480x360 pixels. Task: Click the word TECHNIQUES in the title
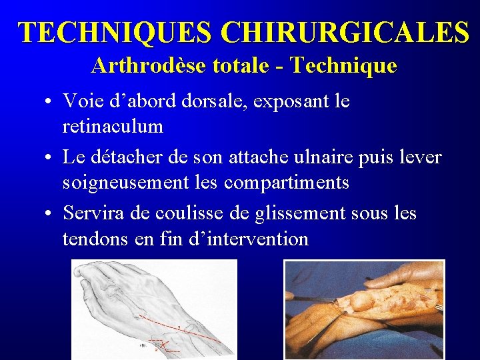(x=115, y=33)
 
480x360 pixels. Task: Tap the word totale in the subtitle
(x=243, y=66)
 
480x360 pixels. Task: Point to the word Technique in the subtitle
(x=344, y=66)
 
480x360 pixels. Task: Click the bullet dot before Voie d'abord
(x=51, y=102)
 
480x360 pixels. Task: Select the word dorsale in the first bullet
(x=199, y=101)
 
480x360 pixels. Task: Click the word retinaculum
(x=112, y=125)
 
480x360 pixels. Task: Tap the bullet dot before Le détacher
(x=51, y=158)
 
